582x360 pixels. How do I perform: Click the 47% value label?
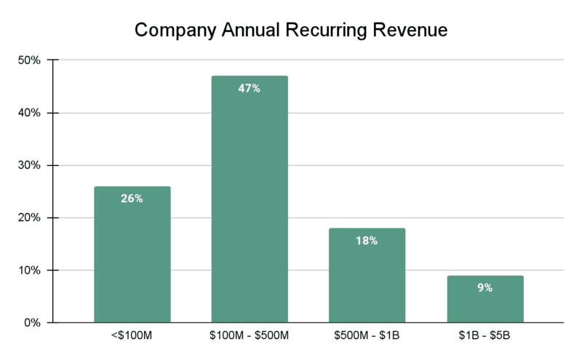tap(250, 89)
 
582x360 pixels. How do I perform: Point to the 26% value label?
tap(132, 199)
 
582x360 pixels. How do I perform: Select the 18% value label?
tap(367, 241)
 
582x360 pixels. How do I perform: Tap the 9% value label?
tap(485, 288)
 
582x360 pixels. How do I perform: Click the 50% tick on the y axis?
tap(30, 60)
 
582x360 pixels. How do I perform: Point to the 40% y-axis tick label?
tap(30, 113)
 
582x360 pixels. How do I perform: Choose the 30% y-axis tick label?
tap(30, 165)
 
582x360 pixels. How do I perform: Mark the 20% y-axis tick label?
tap(30, 217)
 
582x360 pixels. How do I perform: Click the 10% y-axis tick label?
tap(30, 270)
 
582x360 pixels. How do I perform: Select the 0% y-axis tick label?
tap(33, 322)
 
